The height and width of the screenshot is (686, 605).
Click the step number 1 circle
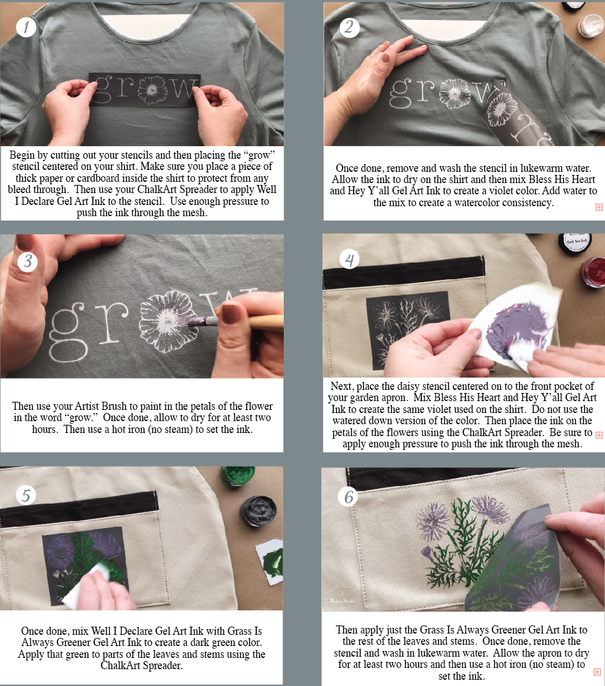[x=26, y=27]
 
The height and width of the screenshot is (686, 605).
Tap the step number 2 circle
[x=349, y=27]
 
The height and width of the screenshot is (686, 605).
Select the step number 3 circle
[x=27, y=261]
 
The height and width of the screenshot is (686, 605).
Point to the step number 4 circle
[x=349, y=259]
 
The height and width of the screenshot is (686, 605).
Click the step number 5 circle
[x=26, y=495]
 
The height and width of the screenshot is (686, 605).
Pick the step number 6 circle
[x=349, y=497]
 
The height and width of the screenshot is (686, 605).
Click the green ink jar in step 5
[x=237, y=477]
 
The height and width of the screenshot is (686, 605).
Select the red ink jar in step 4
[x=592, y=272]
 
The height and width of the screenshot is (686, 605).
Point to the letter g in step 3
[x=69, y=331]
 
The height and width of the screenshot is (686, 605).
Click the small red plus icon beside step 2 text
[x=599, y=207]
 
